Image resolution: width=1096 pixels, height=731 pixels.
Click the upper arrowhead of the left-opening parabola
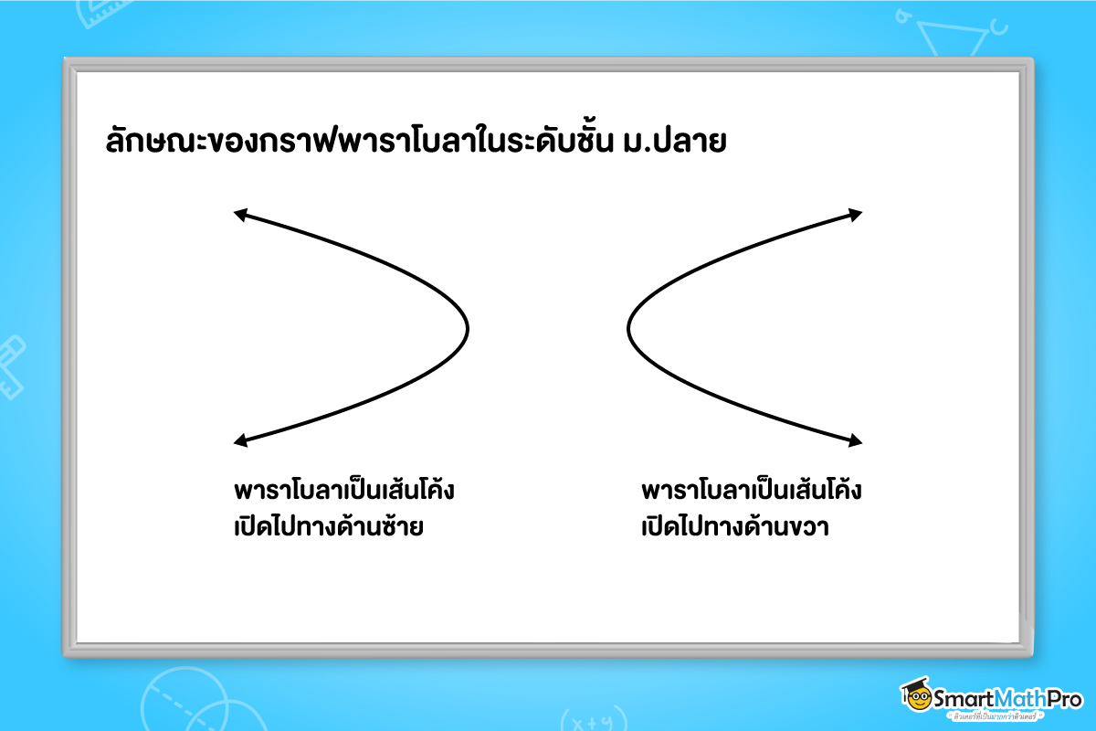click(240, 215)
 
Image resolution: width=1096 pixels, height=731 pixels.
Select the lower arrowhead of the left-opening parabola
click(240, 442)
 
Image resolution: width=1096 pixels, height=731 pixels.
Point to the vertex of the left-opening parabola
click(468, 327)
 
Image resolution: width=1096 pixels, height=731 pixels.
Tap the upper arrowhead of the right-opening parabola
click(856, 215)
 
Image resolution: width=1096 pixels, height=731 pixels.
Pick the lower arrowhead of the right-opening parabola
click(856, 442)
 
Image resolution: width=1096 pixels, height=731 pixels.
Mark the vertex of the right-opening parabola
click(628, 327)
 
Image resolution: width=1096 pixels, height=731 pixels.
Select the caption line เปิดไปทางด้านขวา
click(735, 528)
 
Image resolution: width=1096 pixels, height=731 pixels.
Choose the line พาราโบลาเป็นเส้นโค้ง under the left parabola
click(344, 491)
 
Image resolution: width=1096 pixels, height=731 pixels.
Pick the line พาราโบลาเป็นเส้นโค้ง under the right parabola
click(752, 491)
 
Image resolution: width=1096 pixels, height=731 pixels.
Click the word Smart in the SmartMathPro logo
click(961, 699)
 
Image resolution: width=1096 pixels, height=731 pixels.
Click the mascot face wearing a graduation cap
click(914, 697)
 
